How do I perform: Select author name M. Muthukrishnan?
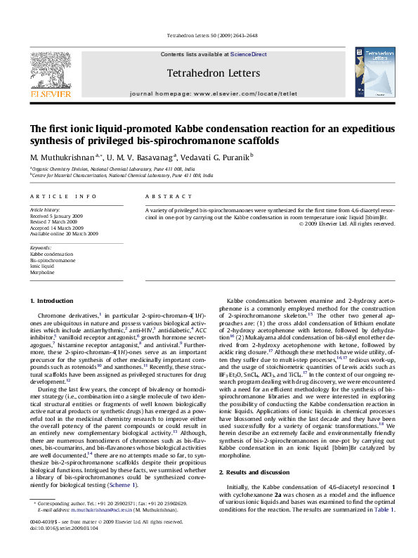(x=60, y=156)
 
